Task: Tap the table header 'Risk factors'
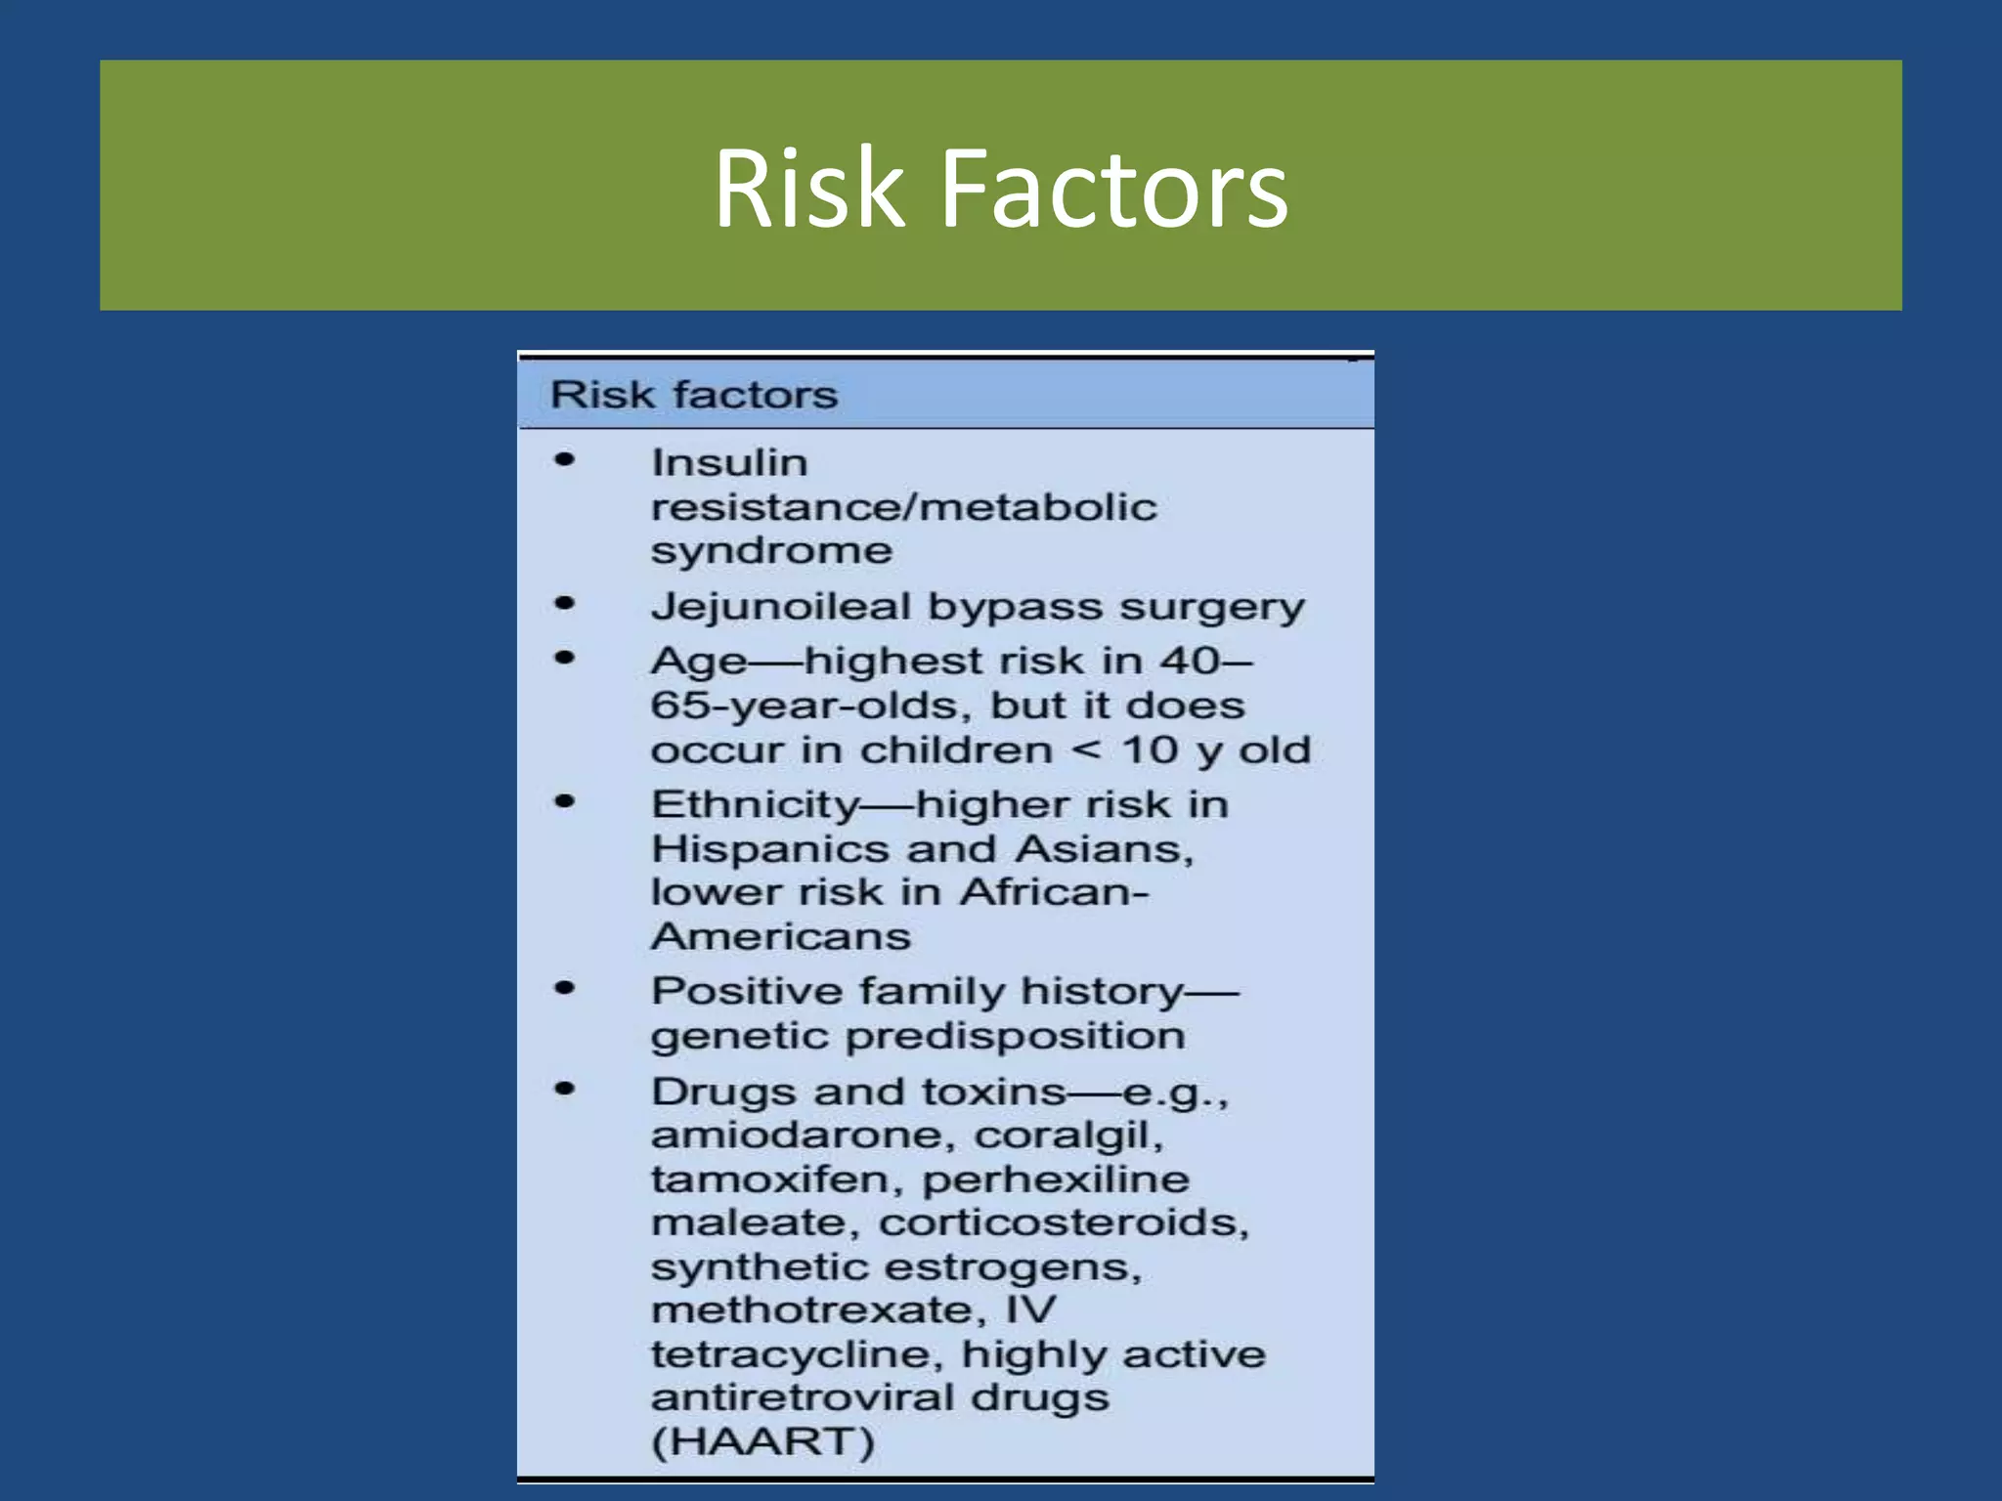tap(694, 395)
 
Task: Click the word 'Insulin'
tap(729, 462)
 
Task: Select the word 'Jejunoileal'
tap(780, 607)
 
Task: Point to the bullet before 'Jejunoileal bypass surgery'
tap(565, 603)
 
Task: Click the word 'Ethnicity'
tap(755, 804)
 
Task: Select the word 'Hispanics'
tap(770, 848)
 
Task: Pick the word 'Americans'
tap(781, 936)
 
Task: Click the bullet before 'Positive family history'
tap(565, 988)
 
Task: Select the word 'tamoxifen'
tap(777, 1179)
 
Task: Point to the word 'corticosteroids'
tap(1063, 1222)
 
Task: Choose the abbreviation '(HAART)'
tap(762, 1441)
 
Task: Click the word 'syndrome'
tap(771, 551)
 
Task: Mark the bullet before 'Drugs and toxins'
tap(565, 1089)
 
